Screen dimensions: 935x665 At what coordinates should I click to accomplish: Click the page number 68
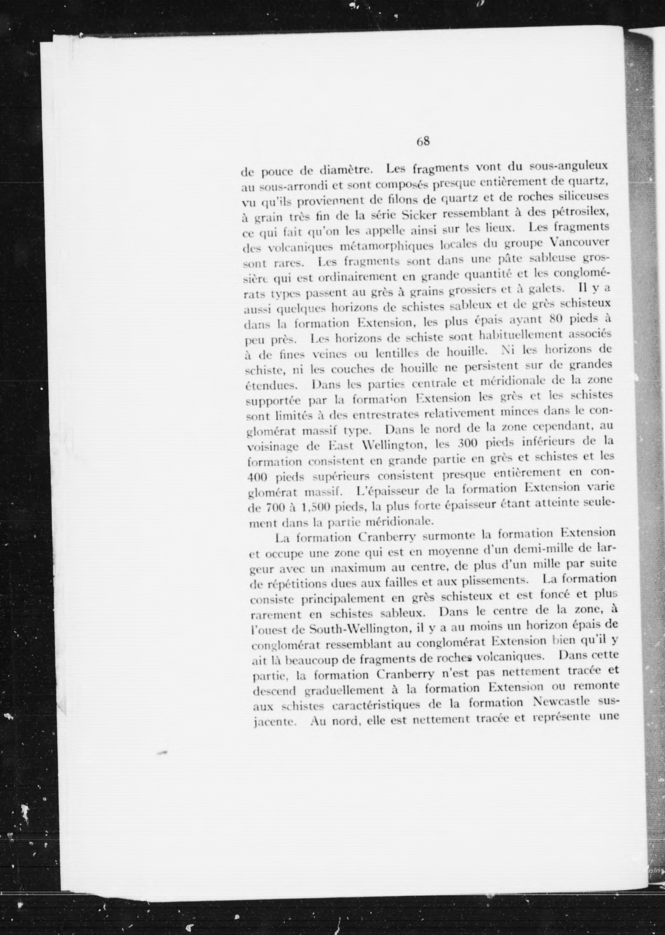point(423,142)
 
